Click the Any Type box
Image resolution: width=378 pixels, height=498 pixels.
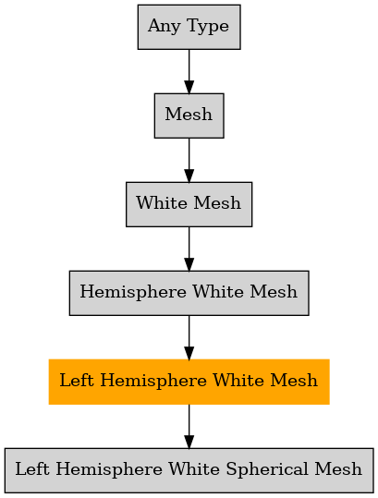coord(189,27)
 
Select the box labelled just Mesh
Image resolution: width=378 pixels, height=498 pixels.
coord(189,115)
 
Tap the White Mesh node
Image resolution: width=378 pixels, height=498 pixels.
coord(189,204)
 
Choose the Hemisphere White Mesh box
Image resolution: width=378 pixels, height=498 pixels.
coord(189,293)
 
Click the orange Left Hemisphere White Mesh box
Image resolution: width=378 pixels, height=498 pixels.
coord(189,382)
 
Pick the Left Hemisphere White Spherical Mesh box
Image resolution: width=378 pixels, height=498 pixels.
coord(189,470)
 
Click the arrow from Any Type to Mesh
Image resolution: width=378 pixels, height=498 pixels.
coord(189,71)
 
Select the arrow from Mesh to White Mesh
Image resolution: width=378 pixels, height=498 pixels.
coord(189,160)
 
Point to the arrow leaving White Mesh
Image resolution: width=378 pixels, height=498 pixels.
coord(189,249)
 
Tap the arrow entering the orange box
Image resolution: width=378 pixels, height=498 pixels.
coord(189,337)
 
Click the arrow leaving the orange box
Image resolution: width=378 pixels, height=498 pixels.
coord(189,426)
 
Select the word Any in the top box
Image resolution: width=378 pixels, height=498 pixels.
coord(165,27)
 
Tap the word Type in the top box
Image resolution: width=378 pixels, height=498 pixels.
coord(208,27)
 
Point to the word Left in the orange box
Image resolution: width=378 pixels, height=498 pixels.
coord(77,380)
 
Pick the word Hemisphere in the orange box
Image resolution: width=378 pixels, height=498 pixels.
coord(153,381)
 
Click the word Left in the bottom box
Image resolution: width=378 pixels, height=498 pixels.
coord(32,468)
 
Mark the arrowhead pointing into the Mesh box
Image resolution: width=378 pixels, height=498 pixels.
coord(189,87)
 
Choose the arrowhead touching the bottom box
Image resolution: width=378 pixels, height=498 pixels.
coord(189,442)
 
